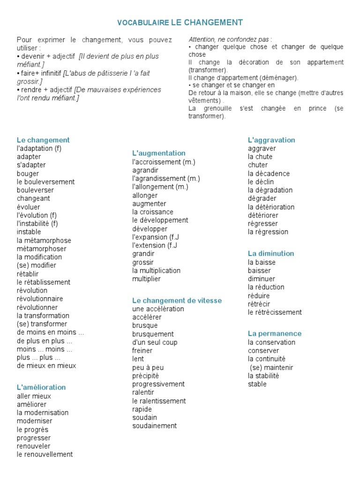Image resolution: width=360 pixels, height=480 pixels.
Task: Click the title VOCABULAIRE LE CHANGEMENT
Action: [180, 22]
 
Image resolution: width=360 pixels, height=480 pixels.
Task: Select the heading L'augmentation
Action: [159, 153]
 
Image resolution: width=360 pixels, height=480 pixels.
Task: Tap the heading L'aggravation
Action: [271, 140]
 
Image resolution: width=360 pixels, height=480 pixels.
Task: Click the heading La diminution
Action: [271, 254]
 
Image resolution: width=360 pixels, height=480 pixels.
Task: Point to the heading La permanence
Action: [275, 334]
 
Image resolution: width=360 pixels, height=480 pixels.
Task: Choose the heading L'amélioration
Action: [41, 388]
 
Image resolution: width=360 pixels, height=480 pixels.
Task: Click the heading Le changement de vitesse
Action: [177, 300]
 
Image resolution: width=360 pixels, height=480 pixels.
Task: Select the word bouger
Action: [28, 173]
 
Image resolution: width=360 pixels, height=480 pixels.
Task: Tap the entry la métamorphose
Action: [44, 240]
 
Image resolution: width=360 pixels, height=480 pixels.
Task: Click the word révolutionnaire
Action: [40, 299]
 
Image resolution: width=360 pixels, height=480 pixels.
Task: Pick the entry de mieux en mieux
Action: [46, 366]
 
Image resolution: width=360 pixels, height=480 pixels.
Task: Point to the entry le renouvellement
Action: [45, 454]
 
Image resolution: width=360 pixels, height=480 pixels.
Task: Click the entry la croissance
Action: [153, 212]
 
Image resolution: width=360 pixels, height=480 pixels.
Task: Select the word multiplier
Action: [146, 279]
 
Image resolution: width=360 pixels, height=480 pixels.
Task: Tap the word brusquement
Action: [153, 334]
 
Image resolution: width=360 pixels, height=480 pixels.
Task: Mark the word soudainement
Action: [155, 426]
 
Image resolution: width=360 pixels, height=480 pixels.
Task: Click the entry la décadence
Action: [269, 173]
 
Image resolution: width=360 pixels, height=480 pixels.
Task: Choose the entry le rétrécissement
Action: [275, 312]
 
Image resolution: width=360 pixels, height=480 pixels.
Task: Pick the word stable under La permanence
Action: [257, 384]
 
